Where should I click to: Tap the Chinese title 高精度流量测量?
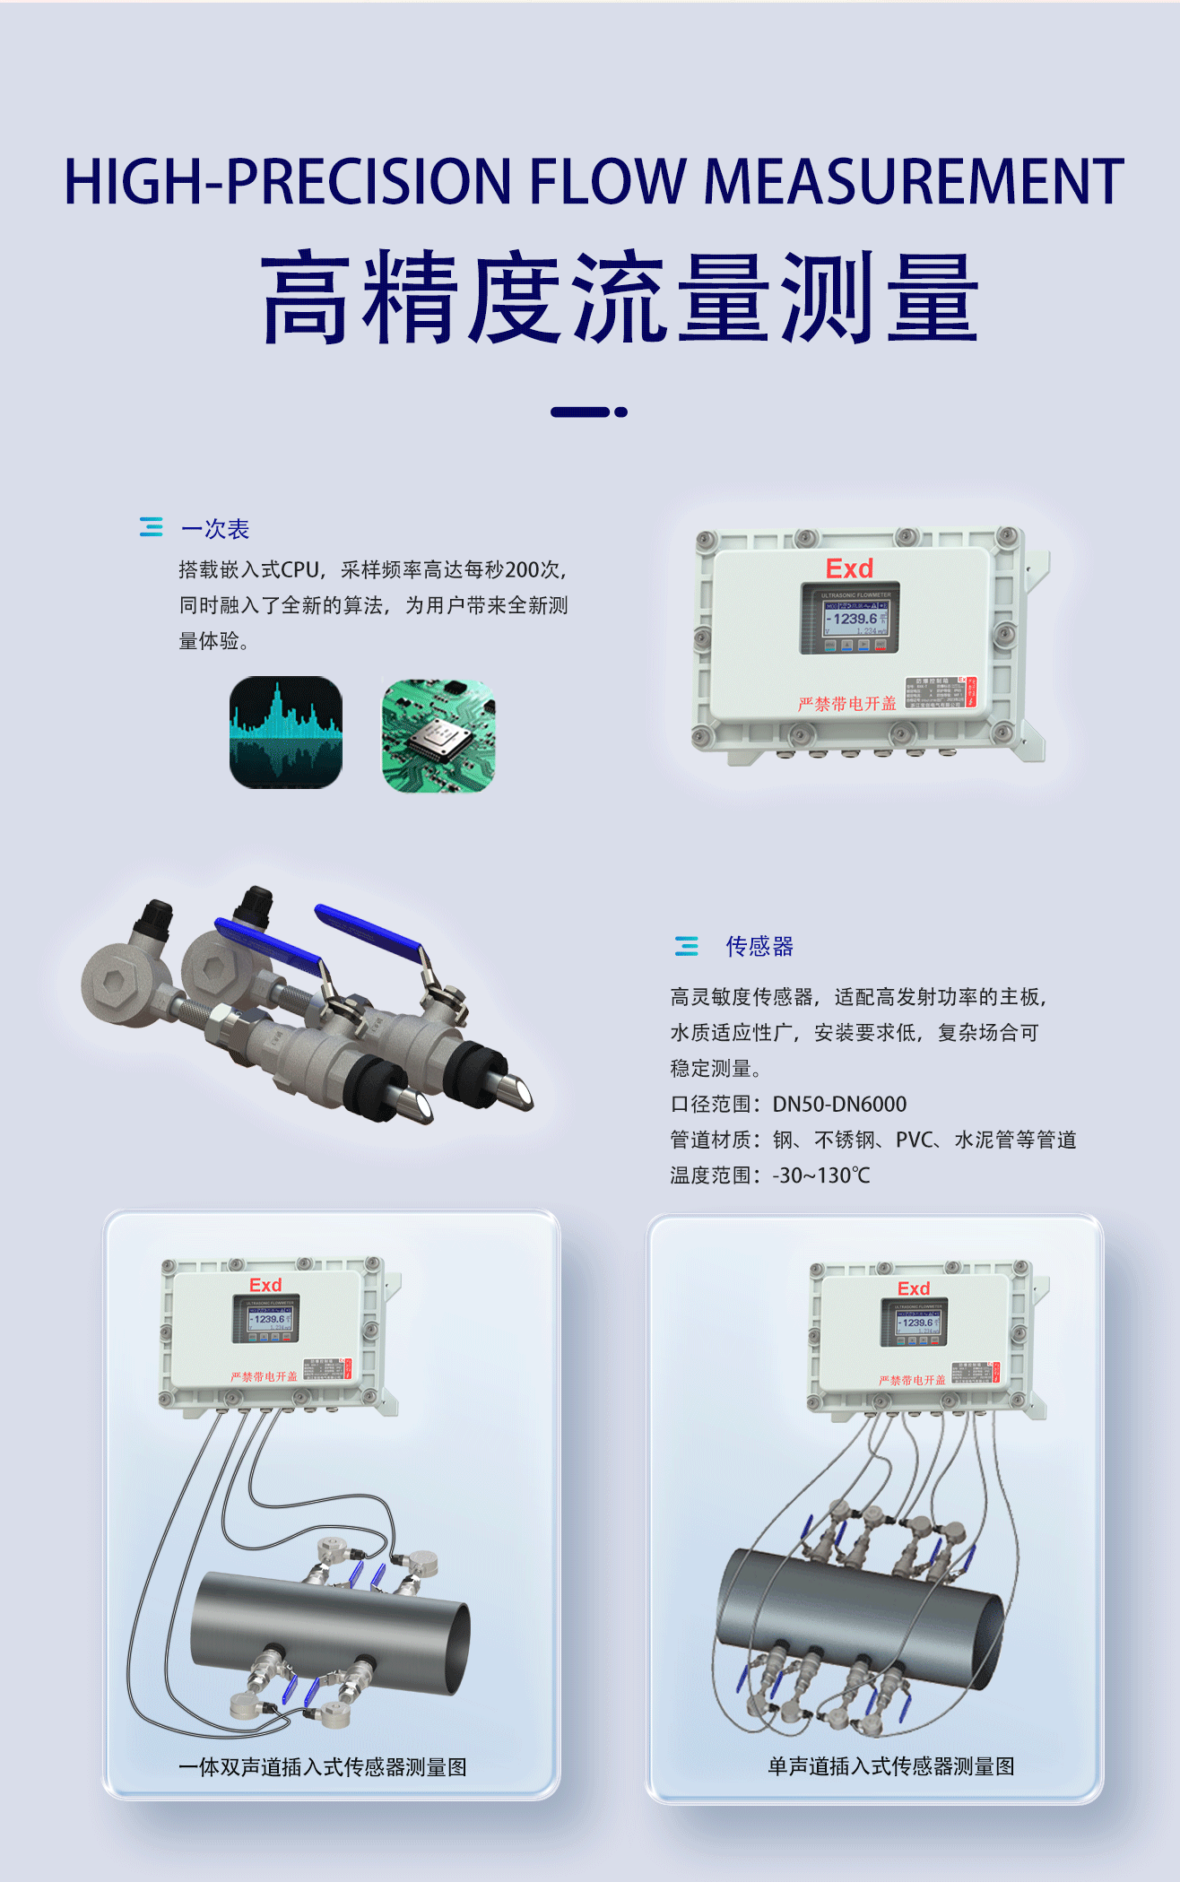click(x=619, y=298)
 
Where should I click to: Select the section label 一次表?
click(x=215, y=529)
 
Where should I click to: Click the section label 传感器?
click(x=759, y=946)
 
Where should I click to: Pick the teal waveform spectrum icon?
click(x=286, y=733)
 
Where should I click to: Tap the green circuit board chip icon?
click(x=438, y=735)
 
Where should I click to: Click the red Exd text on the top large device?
click(x=849, y=568)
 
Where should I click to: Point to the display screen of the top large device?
click(x=849, y=618)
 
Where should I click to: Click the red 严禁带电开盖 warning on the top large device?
click(x=846, y=704)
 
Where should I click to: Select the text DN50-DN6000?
click(x=839, y=1104)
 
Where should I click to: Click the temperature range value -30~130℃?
click(x=821, y=1175)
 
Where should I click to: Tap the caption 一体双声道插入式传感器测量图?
click(x=323, y=1767)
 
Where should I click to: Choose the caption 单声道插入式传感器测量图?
click(x=890, y=1766)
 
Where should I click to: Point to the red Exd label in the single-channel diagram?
click(x=914, y=1288)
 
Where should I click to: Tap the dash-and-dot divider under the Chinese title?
click(x=588, y=412)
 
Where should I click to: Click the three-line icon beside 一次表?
click(x=152, y=527)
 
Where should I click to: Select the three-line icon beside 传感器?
click(x=687, y=945)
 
